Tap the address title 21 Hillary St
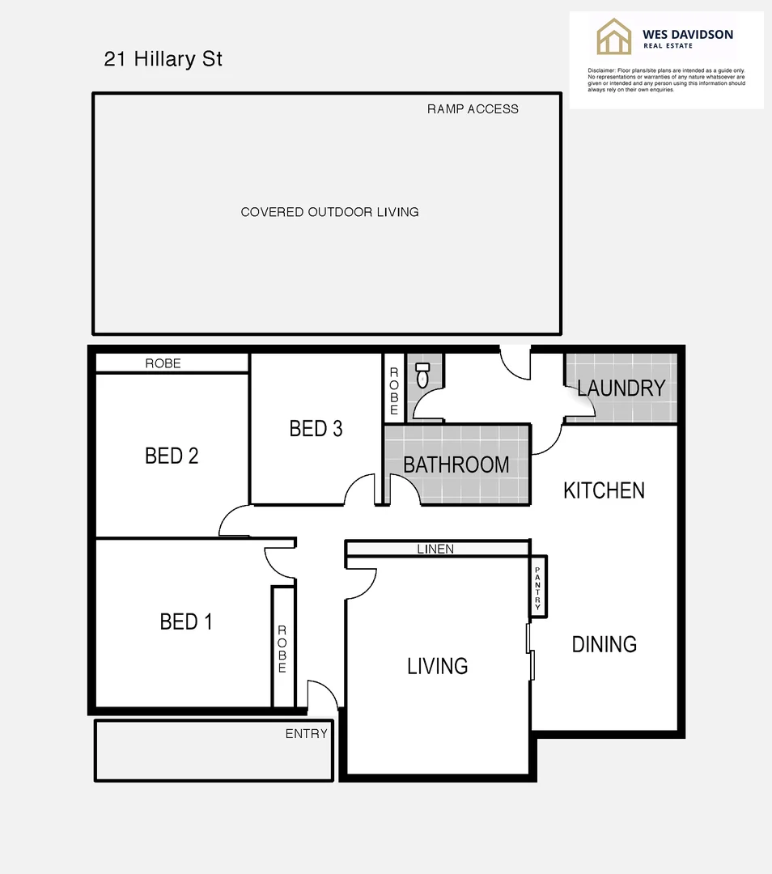pyautogui.click(x=163, y=59)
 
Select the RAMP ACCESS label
pyautogui.click(x=473, y=108)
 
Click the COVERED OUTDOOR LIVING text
pyautogui.click(x=329, y=212)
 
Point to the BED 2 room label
pyautogui.click(x=172, y=456)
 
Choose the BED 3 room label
pyautogui.click(x=316, y=428)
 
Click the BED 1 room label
pyautogui.click(x=186, y=622)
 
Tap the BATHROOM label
pyautogui.click(x=456, y=465)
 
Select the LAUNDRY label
pyautogui.click(x=621, y=388)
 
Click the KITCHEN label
pyautogui.click(x=604, y=490)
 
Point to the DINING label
pyautogui.click(x=604, y=644)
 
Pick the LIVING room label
pyautogui.click(x=437, y=666)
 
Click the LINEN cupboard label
pyautogui.click(x=435, y=549)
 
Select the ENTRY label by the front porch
pyautogui.click(x=306, y=734)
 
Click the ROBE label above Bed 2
pyautogui.click(x=163, y=363)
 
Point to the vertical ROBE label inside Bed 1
pyautogui.click(x=282, y=649)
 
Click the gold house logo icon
pyautogui.click(x=614, y=37)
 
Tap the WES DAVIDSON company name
pyautogui.click(x=687, y=34)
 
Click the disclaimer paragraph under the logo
pyautogui.click(x=666, y=80)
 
